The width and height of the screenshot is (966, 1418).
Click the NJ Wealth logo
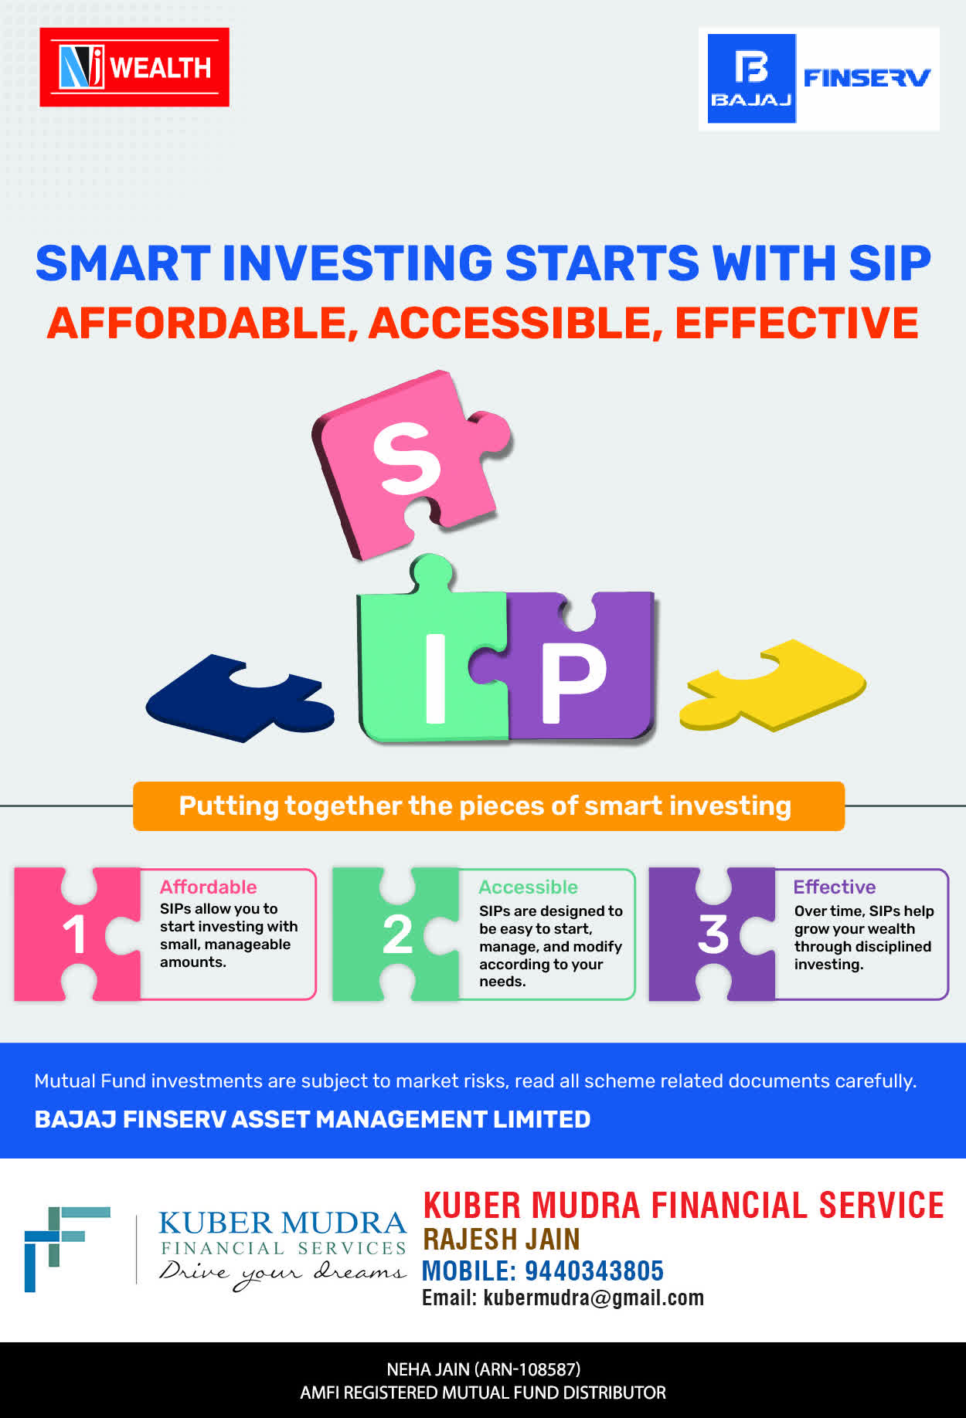click(134, 67)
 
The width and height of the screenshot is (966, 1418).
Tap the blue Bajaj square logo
click(752, 79)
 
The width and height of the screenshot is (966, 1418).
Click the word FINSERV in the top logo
click(866, 78)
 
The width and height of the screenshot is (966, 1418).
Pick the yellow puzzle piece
click(773, 684)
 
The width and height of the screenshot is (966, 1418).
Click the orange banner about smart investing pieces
click(488, 806)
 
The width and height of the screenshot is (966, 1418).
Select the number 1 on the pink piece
click(74, 935)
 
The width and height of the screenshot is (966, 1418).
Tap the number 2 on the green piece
click(397, 935)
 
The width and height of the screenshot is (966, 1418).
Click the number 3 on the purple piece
click(713, 935)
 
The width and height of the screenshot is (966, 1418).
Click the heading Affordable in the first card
click(208, 887)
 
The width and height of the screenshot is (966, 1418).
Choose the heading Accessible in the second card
click(528, 887)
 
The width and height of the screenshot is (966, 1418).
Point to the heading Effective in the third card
click(835, 887)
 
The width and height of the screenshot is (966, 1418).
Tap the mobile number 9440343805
click(594, 1270)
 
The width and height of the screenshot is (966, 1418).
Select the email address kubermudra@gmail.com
click(594, 1298)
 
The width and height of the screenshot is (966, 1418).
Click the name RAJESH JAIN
click(502, 1239)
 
